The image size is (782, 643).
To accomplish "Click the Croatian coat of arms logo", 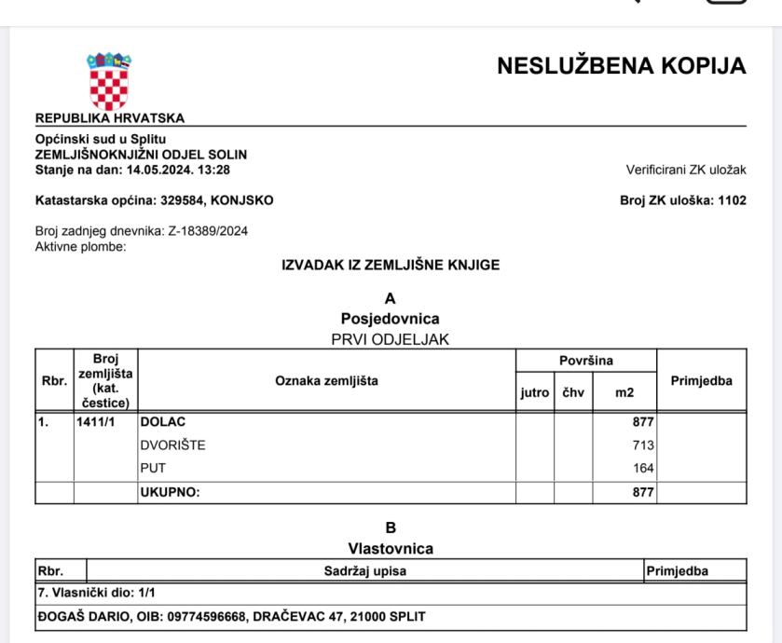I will (x=109, y=81).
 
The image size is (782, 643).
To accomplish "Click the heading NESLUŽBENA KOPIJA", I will (x=621, y=66).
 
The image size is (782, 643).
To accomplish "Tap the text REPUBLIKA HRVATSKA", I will (x=109, y=117).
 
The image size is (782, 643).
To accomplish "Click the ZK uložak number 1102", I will (x=732, y=200).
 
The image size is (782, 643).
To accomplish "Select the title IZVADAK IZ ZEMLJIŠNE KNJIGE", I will (x=391, y=266).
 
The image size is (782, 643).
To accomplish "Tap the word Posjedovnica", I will (x=390, y=319).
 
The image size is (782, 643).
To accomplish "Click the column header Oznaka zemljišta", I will (x=326, y=380).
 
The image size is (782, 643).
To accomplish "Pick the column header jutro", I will (x=534, y=394).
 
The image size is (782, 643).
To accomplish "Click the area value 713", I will (x=642, y=445).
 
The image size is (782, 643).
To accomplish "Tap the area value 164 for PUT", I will (x=642, y=469).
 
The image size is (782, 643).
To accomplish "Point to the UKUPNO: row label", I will (x=171, y=492).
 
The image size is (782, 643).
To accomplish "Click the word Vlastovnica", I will (x=390, y=550).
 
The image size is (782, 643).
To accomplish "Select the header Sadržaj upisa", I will (x=364, y=570).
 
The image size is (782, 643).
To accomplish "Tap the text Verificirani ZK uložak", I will (x=686, y=170).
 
